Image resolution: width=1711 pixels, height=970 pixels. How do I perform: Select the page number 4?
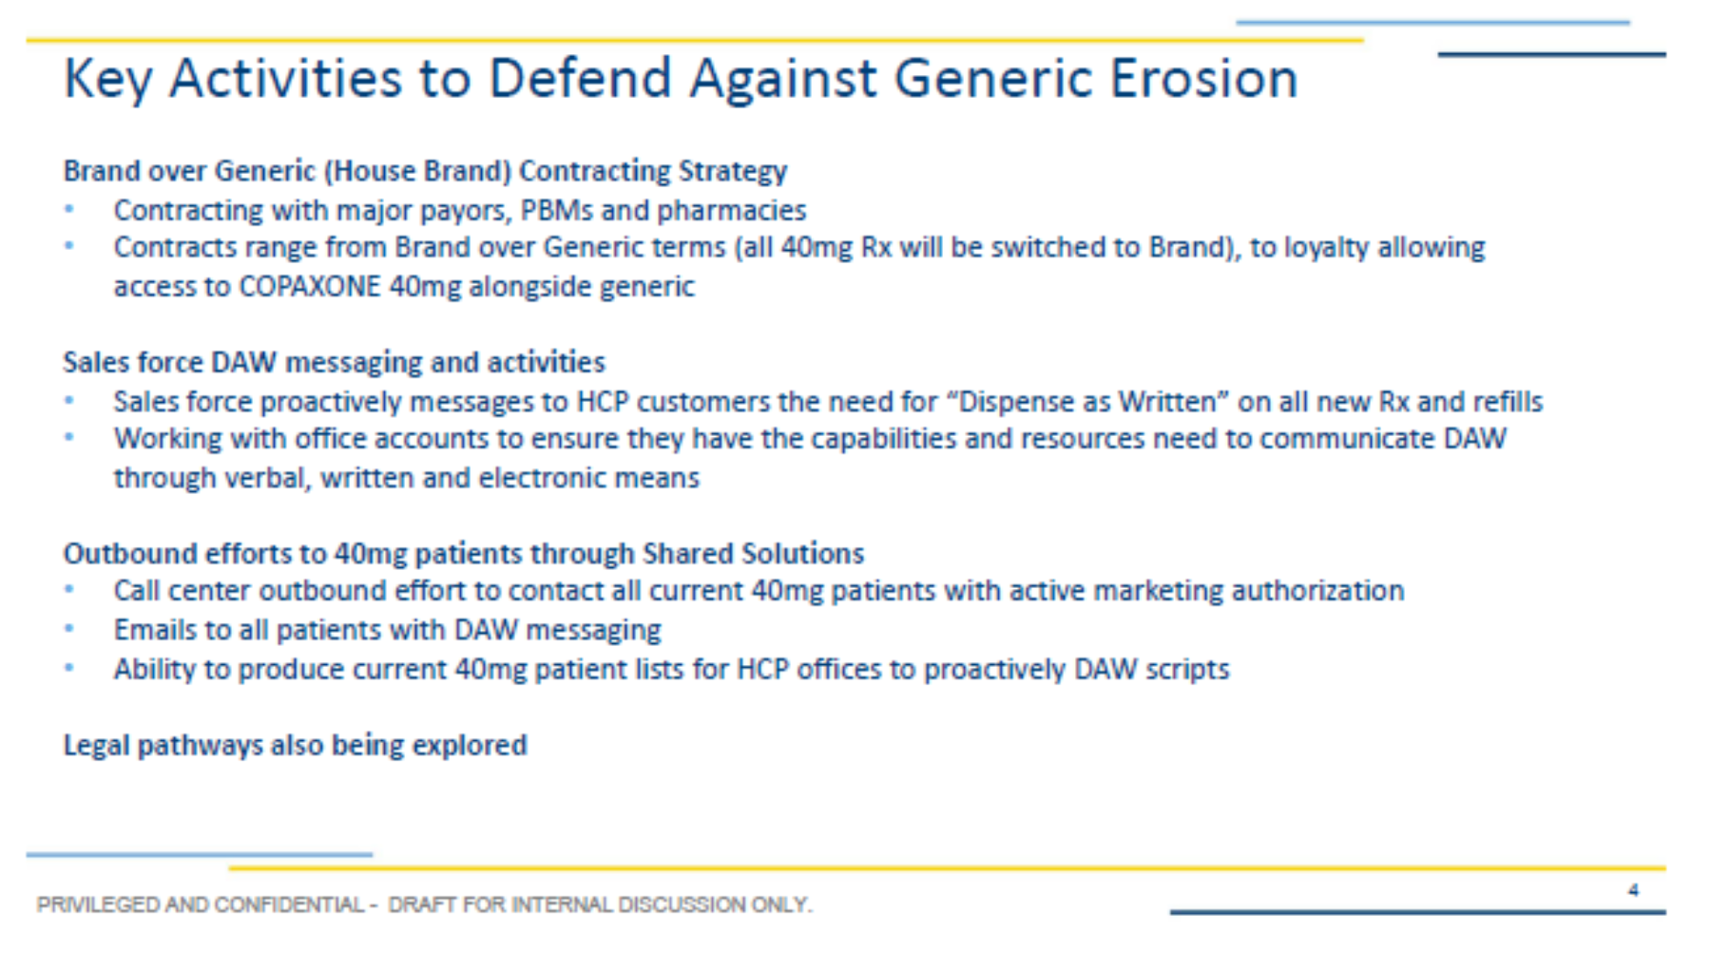point(1633,890)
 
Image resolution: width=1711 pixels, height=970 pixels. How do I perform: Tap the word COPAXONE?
point(309,286)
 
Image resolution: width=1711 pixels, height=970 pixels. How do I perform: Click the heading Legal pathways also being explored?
point(295,746)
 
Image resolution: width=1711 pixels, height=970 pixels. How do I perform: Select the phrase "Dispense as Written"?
point(1086,402)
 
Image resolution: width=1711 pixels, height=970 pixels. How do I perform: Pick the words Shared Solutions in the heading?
point(753,553)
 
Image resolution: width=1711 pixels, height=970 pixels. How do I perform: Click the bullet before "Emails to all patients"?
point(68,628)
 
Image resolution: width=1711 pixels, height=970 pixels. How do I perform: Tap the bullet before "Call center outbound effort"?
point(68,589)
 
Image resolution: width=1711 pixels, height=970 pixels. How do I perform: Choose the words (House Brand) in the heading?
point(417,171)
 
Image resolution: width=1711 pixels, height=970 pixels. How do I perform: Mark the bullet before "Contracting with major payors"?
point(68,208)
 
